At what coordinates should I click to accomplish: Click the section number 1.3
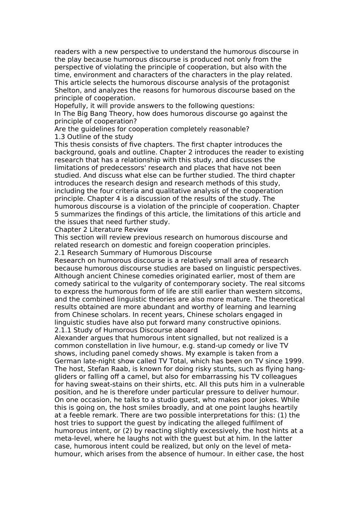(60, 137)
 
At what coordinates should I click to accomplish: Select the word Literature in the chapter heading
(105, 230)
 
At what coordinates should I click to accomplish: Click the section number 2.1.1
(63, 330)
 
